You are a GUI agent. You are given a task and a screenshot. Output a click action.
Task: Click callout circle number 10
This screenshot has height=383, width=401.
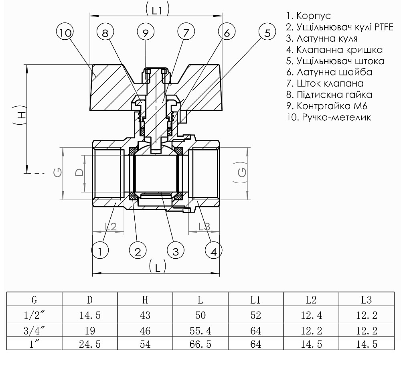pyautogui.click(x=65, y=33)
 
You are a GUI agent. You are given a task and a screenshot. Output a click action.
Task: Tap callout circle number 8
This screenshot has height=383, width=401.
pyautogui.click(x=105, y=33)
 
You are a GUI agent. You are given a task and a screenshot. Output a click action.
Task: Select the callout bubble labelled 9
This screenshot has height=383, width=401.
pyautogui.click(x=146, y=33)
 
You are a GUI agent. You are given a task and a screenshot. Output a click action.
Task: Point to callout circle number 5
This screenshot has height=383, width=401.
pyautogui.click(x=267, y=33)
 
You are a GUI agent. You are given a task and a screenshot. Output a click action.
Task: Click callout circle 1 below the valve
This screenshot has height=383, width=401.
pyautogui.click(x=100, y=251)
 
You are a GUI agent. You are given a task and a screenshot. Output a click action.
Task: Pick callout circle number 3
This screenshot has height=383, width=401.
pyautogui.click(x=175, y=251)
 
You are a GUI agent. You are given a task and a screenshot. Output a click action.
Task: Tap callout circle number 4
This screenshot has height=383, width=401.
pyautogui.click(x=214, y=251)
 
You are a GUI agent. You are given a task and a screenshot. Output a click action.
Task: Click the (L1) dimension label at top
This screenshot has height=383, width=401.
pyautogui.click(x=156, y=10)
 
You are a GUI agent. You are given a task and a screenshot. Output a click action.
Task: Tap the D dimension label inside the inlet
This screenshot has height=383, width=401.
pyautogui.click(x=79, y=172)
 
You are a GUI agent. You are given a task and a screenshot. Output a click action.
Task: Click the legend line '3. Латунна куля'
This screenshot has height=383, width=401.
pyautogui.click(x=322, y=39)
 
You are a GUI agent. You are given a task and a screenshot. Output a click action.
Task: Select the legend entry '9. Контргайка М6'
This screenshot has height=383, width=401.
pyautogui.click(x=326, y=106)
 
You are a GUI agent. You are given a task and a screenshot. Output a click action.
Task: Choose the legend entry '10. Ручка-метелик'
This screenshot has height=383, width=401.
pyautogui.click(x=328, y=118)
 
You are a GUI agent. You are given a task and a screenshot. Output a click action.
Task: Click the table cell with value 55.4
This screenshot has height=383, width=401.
pyautogui.click(x=200, y=331)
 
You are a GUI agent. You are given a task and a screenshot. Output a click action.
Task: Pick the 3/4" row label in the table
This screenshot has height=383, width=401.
pyautogui.click(x=34, y=331)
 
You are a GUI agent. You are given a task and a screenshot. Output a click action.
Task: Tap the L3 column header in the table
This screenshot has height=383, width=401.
pyautogui.click(x=367, y=300)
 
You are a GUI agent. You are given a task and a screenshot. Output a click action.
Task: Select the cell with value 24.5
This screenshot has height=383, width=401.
pyautogui.click(x=90, y=344)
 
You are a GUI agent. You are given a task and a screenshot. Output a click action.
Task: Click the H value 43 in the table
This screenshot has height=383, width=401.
pyautogui.click(x=145, y=315)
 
